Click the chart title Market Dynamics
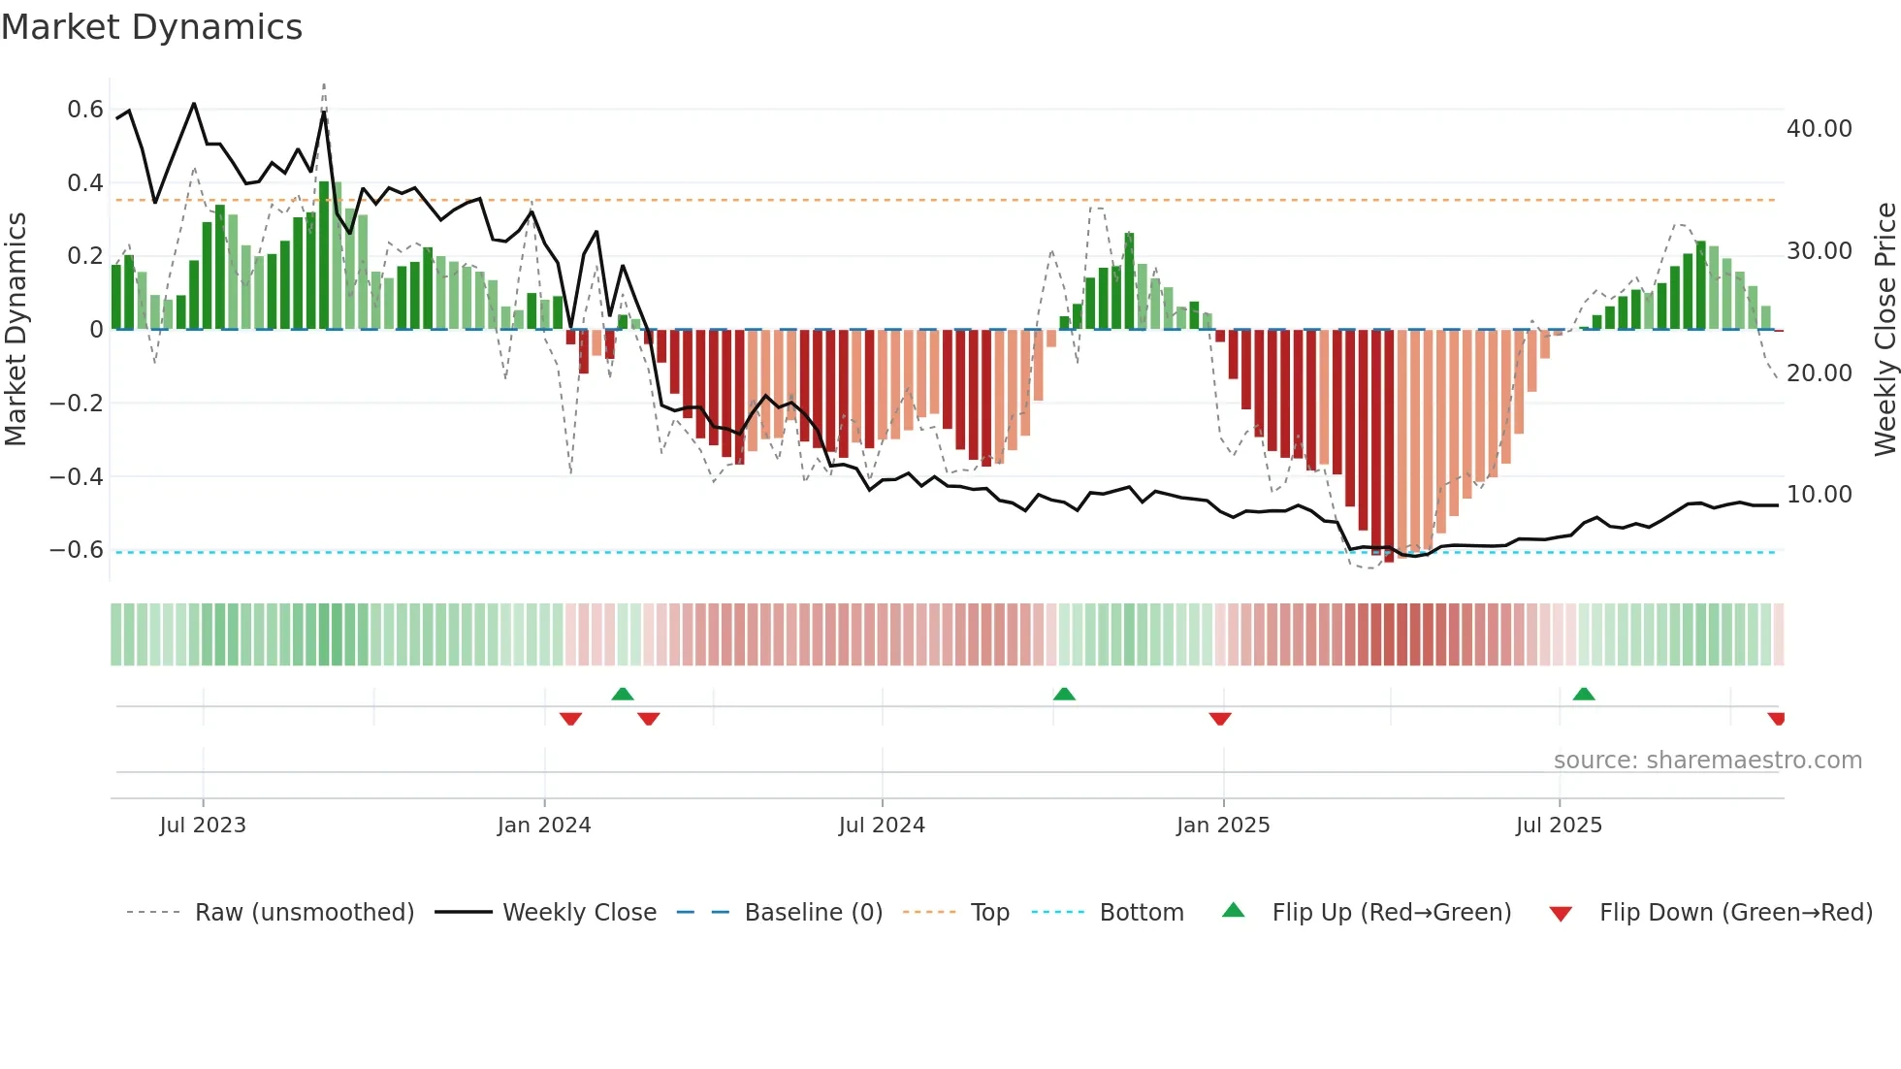pos(151,27)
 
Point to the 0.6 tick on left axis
pos(85,110)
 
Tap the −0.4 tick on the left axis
pos(77,476)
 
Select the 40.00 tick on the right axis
pos(1819,129)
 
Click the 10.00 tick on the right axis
pos(1819,495)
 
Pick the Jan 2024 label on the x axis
pos(543,826)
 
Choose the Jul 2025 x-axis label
pos(1559,826)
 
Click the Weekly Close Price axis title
pos(1885,329)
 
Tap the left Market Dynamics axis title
pos(16,329)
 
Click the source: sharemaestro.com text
pos(1707,761)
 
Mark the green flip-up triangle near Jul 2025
pos(1584,694)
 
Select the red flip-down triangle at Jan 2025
pos(1220,719)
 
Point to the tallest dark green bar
pos(324,255)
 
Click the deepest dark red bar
pos(1389,446)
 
